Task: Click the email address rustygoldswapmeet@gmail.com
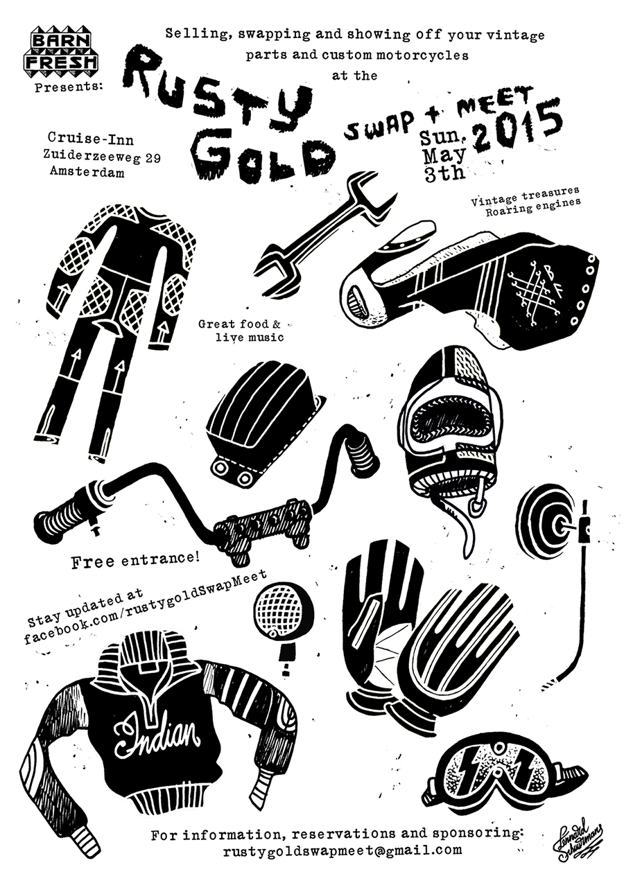[343, 850]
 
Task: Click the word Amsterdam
[87, 173]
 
